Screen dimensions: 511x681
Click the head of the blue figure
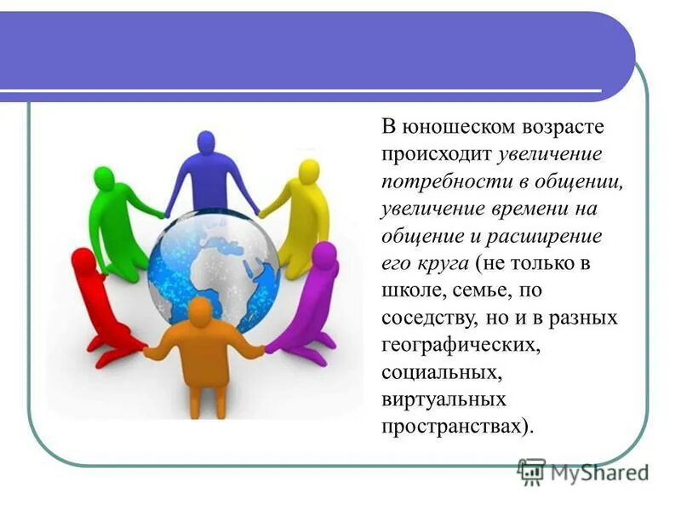pos(205,141)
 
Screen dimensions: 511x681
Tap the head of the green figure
pos(103,179)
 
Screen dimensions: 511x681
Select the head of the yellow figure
pos(308,170)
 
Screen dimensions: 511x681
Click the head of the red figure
pos(83,260)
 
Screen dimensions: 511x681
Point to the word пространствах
pos(455,426)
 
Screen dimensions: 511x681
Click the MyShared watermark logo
pos(583,471)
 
